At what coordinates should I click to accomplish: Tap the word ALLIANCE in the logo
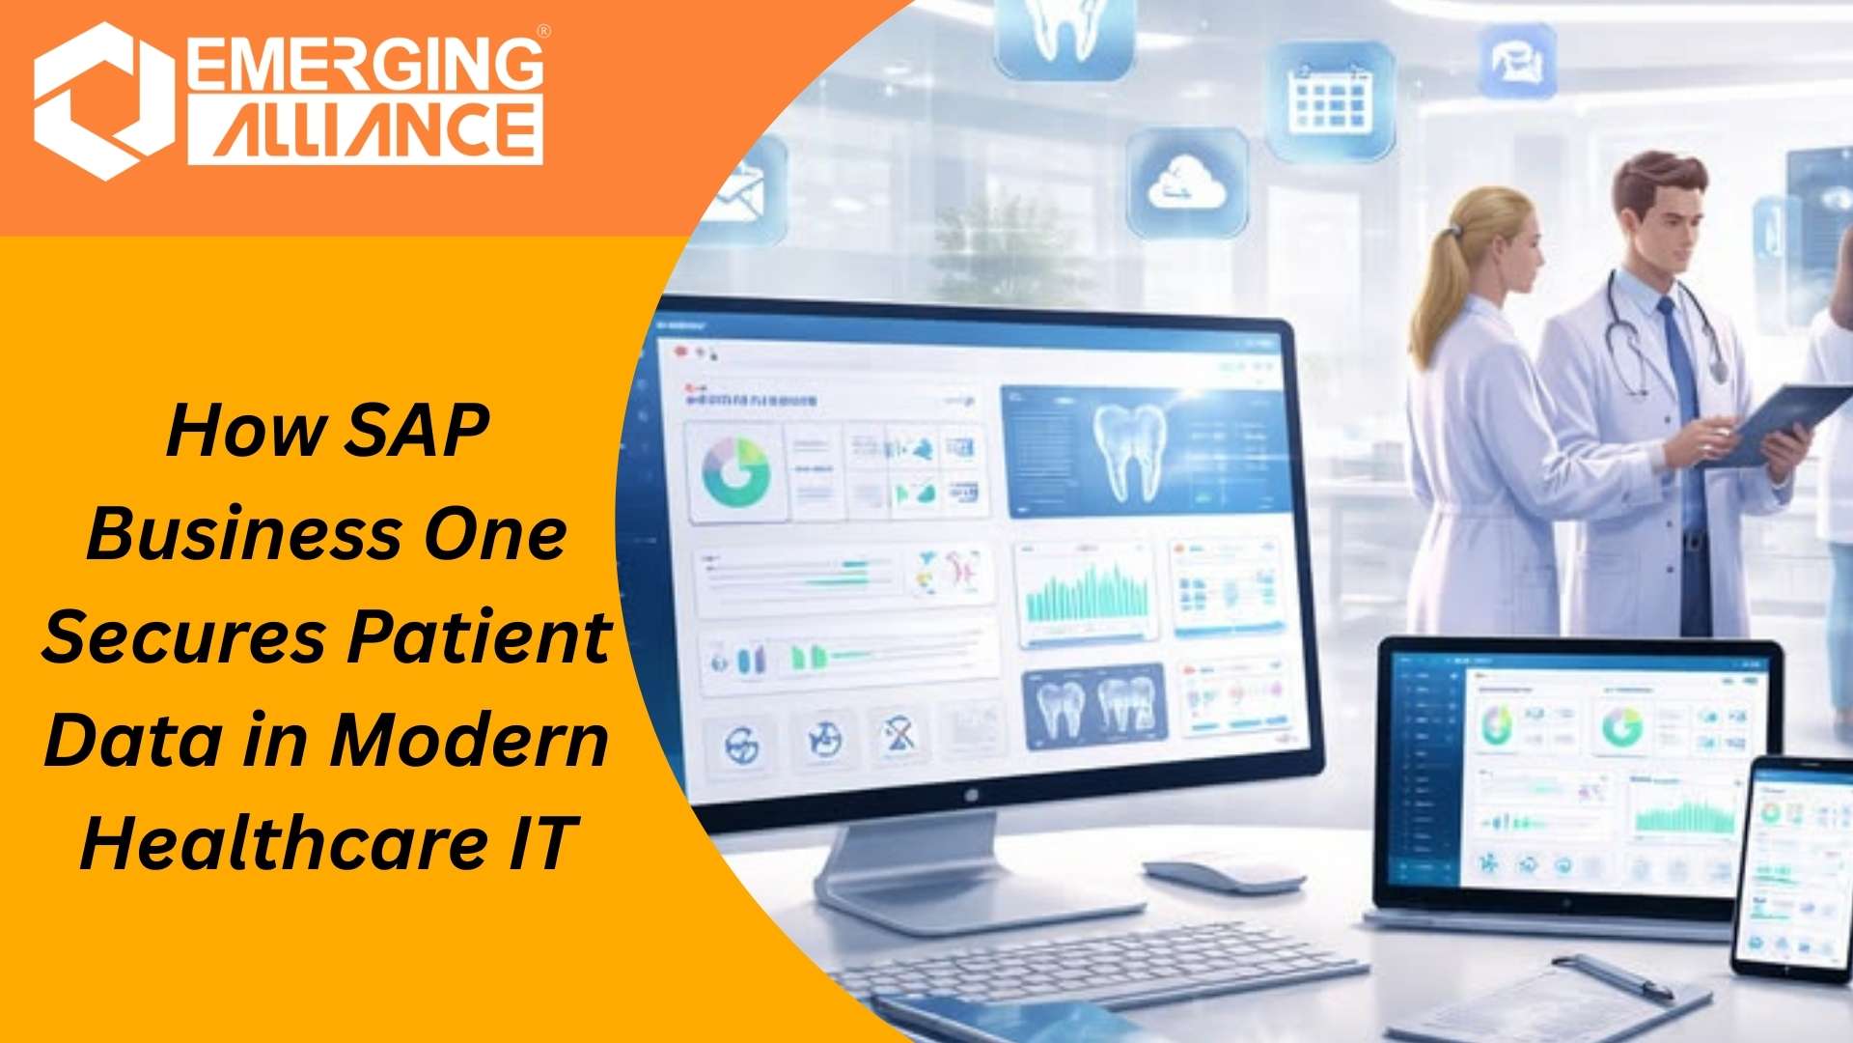(x=365, y=129)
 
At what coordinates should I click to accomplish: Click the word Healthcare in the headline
(x=285, y=842)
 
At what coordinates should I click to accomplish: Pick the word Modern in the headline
(x=469, y=740)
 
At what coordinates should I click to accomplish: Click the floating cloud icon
(x=1186, y=183)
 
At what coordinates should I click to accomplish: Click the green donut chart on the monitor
(x=735, y=472)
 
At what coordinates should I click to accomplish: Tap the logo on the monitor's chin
(x=970, y=795)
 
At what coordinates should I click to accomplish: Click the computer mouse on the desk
(x=1224, y=875)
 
